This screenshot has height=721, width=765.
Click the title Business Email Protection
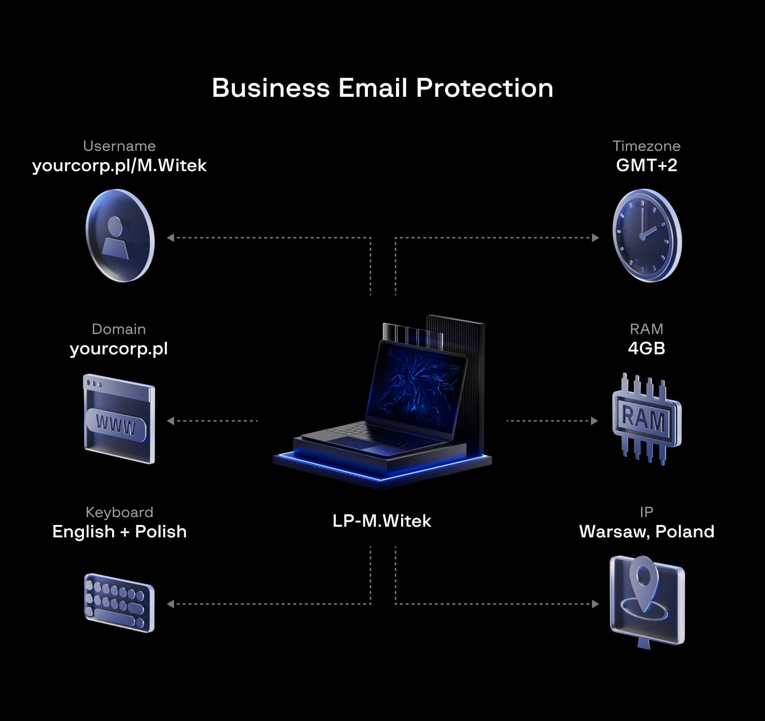tap(382, 88)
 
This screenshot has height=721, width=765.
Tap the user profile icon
tap(119, 235)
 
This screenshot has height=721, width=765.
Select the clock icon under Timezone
tap(646, 235)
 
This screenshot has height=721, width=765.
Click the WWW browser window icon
tap(118, 419)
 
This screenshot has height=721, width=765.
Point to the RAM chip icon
tap(646, 419)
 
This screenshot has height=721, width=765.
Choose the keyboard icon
tap(119, 603)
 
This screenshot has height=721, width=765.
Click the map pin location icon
tap(646, 600)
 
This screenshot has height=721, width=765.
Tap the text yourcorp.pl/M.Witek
tap(119, 166)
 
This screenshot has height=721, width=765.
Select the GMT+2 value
tap(646, 166)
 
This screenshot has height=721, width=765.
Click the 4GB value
tap(646, 348)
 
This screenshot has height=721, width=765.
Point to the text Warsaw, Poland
tap(646, 531)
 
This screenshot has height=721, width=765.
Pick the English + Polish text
tap(119, 531)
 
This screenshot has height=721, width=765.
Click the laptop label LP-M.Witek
tap(382, 521)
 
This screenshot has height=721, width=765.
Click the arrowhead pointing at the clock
tap(595, 238)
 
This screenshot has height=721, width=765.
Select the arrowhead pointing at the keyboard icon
tap(170, 604)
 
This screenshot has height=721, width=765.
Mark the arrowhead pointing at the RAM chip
tap(594, 421)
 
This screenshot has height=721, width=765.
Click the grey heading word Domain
tap(119, 329)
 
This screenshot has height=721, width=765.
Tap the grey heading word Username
tap(119, 146)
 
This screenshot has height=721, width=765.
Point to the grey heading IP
tap(646, 512)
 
